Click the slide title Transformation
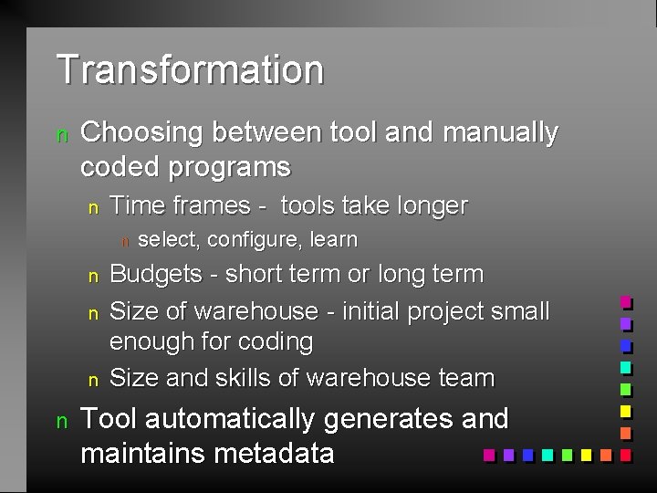190,69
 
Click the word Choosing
141,132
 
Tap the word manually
499,132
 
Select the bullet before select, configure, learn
126,241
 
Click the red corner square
626,454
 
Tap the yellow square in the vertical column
626,411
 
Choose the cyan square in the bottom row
547,454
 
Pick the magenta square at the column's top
626,302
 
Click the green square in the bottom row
566,454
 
